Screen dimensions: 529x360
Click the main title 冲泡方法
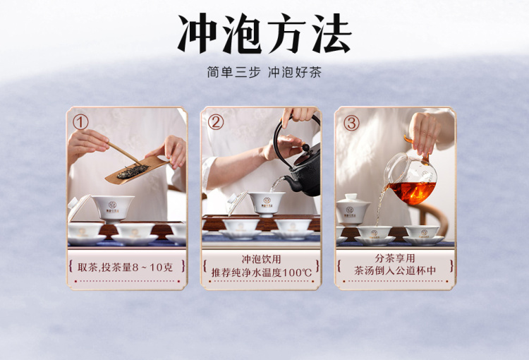pyautogui.click(x=264, y=33)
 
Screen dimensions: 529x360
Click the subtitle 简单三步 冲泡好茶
pyautogui.click(x=264, y=72)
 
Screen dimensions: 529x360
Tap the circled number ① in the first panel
pyautogui.click(x=80, y=122)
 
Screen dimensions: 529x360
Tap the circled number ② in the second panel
pyautogui.click(x=216, y=122)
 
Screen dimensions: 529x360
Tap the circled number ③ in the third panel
pyautogui.click(x=351, y=123)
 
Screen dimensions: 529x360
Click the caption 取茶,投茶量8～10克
pyautogui.click(x=125, y=267)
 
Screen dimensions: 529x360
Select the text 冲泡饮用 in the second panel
pyautogui.click(x=261, y=259)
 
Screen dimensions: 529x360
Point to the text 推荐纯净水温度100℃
pyautogui.click(x=262, y=272)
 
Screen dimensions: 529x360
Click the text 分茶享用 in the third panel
pyautogui.click(x=395, y=258)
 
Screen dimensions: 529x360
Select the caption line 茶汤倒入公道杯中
pyautogui.click(x=395, y=270)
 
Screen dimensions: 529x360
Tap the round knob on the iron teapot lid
pyautogui.click(x=305, y=148)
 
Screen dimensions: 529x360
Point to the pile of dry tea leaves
pyautogui.click(x=133, y=172)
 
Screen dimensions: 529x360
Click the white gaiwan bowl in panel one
pyautogui.click(x=113, y=209)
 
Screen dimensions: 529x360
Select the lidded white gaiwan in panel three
pyautogui.click(x=353, y=210)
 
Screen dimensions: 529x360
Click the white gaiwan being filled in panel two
pyautogui.click(x=267, y=203)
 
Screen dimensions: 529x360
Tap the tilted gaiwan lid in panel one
pyautogui.click(x=78, y=206)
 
